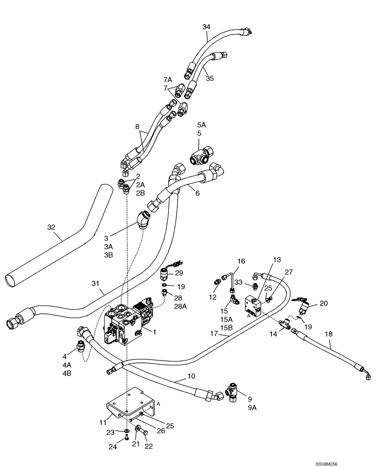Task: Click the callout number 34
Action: pos(206,27)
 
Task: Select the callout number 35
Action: pos(209,78)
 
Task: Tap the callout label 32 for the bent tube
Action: pos(51,227)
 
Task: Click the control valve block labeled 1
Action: pos(125,322)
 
